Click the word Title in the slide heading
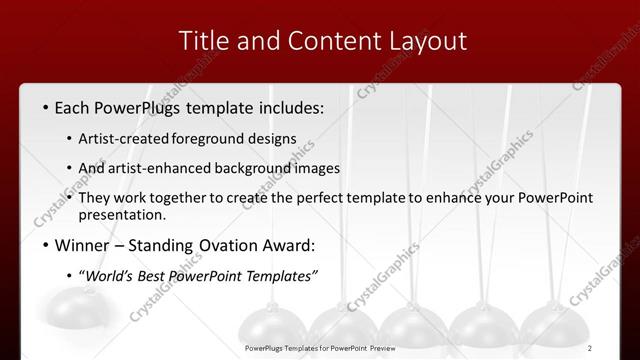pyautogui.click(x=203, y=41)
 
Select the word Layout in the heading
pyautogui.click(x=428, y=41)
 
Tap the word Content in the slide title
pyautogui.click(x=329, y=41)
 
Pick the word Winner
pyautogui.click(x=84, y=246)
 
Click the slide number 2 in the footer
pyautogui.click(x=618, y=348)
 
